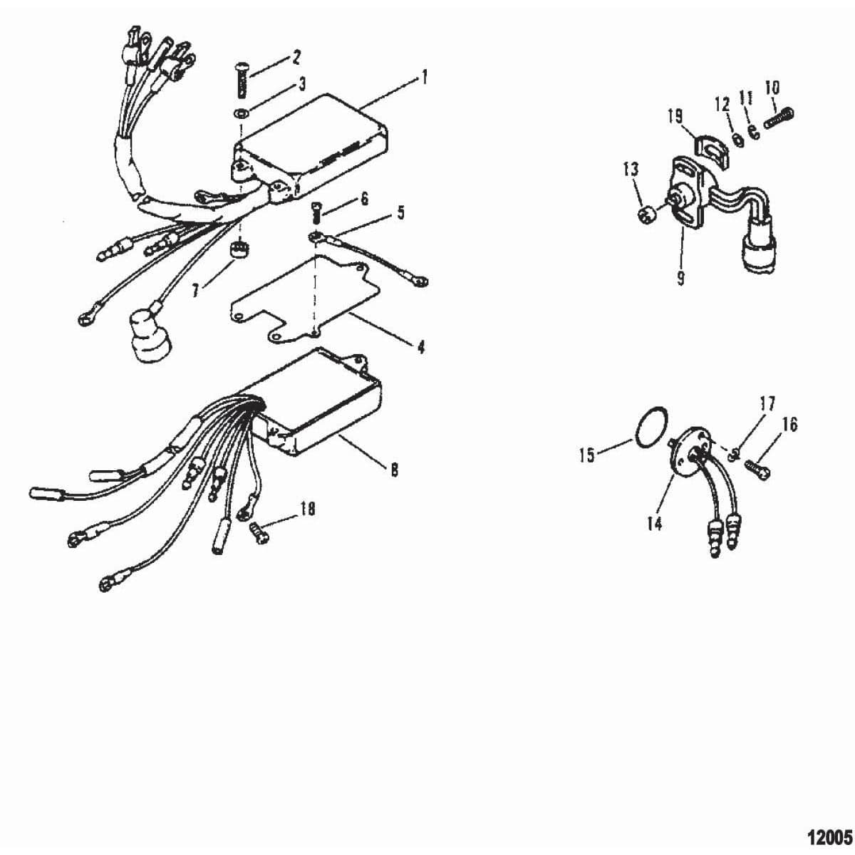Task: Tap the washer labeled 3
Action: [x=241, y=112]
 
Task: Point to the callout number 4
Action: [x=420, y=347]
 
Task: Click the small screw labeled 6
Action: [x=317, y=209]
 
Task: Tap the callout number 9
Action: [x=680, y=277]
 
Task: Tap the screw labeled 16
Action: [x=757, y=467]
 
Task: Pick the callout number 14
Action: [x=654, y=524]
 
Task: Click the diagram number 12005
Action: [x=829, y=834]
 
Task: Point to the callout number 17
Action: [x=767, y=404]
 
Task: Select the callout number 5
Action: [x=400, y=212]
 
